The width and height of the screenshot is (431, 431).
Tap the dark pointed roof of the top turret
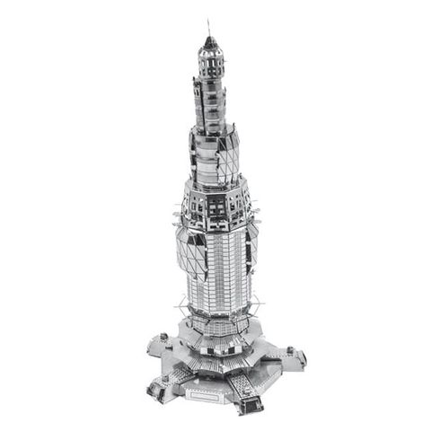[x=210, y=42]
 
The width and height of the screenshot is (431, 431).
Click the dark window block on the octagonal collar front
[x=215, y=207]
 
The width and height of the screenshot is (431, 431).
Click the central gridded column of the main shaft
[x=218, y=269]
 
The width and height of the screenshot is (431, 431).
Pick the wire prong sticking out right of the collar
[x=261, y=213]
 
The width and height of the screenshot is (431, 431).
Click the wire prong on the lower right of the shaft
[x=260, y=301]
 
